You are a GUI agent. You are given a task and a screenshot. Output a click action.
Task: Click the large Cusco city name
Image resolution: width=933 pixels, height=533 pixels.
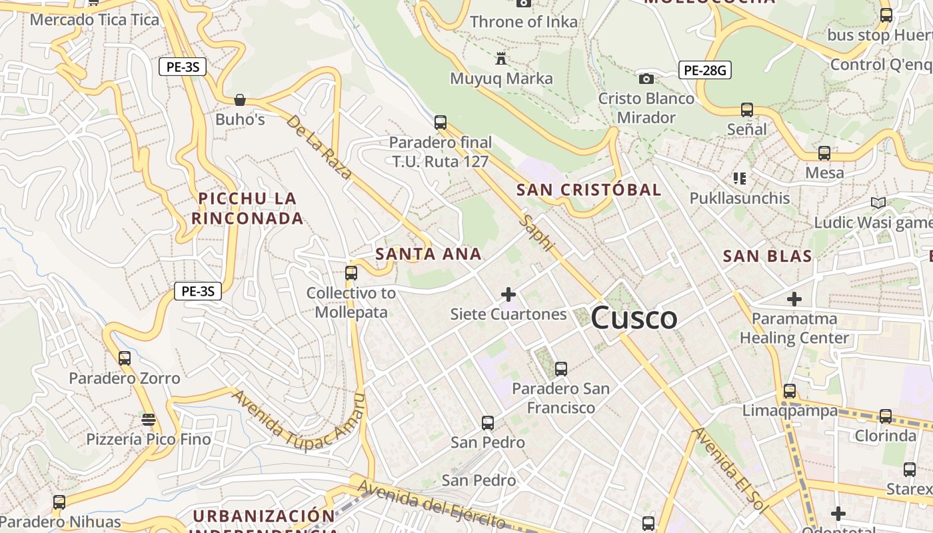634,318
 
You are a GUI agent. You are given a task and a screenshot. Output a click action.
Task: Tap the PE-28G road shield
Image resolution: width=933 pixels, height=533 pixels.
705,70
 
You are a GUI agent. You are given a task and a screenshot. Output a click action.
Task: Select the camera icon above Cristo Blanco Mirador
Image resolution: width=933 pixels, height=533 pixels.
646,79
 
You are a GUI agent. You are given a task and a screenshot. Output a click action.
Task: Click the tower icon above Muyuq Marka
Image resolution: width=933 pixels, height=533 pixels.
501,59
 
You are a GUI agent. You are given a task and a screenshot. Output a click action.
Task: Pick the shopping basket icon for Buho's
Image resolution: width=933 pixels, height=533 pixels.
240,100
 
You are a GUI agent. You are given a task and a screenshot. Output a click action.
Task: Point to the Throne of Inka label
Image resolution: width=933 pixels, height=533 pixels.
524,22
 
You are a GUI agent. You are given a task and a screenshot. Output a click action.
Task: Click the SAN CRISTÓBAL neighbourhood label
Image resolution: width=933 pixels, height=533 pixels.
589,190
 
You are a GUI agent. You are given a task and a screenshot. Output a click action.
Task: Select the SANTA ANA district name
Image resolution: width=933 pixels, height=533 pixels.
429,254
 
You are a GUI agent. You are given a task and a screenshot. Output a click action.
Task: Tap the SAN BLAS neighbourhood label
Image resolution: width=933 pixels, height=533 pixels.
768,257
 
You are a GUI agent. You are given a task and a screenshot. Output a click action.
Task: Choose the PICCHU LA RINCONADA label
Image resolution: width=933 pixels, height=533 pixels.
247,208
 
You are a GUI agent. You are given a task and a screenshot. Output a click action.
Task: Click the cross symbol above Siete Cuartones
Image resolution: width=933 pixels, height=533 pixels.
508,294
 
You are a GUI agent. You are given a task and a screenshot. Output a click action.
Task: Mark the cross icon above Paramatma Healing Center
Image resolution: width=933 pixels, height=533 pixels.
794,299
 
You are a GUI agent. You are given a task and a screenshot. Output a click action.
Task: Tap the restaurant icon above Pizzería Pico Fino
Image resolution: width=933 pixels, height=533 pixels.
149,420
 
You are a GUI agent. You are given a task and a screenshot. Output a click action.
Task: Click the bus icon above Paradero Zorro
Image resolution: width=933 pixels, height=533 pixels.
125,358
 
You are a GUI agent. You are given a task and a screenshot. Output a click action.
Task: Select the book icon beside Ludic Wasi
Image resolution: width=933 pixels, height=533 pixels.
878,203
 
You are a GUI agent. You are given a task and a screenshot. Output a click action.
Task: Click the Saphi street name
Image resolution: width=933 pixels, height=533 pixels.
538,233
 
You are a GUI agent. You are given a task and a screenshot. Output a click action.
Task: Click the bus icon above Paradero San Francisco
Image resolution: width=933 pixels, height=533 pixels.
561,368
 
